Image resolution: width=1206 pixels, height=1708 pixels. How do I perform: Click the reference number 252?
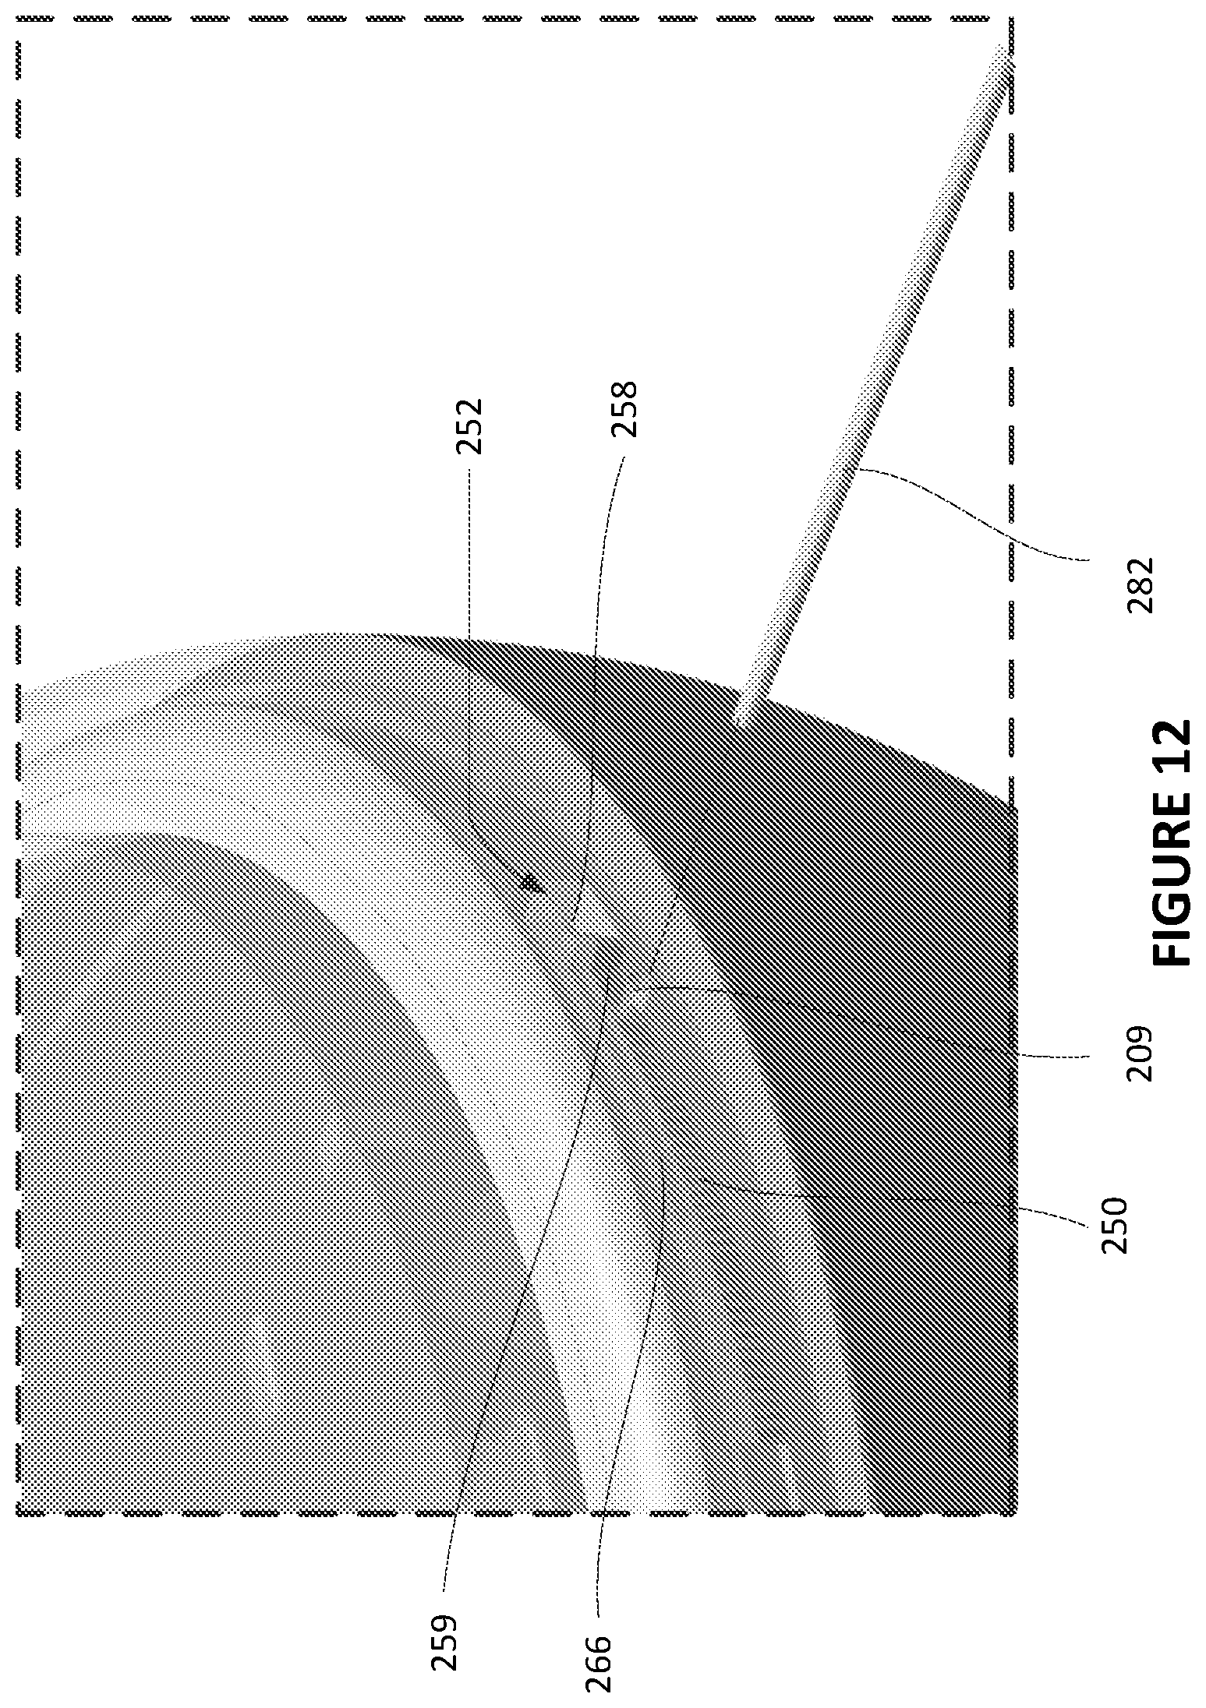pos(470,426)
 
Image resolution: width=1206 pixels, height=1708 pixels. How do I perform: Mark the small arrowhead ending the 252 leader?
pos(531,883)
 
